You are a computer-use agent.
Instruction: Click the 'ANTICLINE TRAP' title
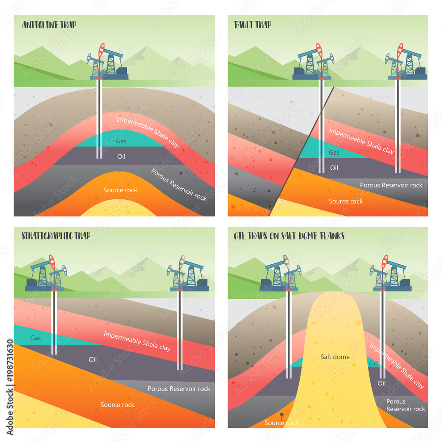[x=49, y=25]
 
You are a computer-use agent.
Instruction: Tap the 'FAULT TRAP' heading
[x=252, y=25]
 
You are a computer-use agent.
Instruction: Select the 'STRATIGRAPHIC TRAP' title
[x=56, y=236]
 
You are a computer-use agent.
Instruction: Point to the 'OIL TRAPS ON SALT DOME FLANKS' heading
[x=289, y=236]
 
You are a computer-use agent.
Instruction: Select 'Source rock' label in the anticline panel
[x=120, y=190]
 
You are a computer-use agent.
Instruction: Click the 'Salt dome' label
[x=335, y=357]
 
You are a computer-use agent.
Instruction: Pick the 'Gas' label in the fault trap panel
[x=334, y=152]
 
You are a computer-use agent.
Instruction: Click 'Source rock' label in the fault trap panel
[x=346, y=201]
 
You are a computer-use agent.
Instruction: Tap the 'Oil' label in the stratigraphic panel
[x=92, y=359]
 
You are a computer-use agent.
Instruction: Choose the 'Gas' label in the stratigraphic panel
[x=36, y=338]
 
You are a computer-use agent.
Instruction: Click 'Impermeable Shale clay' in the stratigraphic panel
[x=137, y=341]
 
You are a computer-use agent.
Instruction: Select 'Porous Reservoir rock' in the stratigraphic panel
[x=179, y=389]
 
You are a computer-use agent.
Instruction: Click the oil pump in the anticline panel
[x=107, y=63]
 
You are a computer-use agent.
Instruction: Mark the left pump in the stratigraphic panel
[x=46, y=275]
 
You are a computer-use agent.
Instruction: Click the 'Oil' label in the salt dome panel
[x=382, y=383]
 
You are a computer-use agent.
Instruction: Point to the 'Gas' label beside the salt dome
[x=373, y=363]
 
